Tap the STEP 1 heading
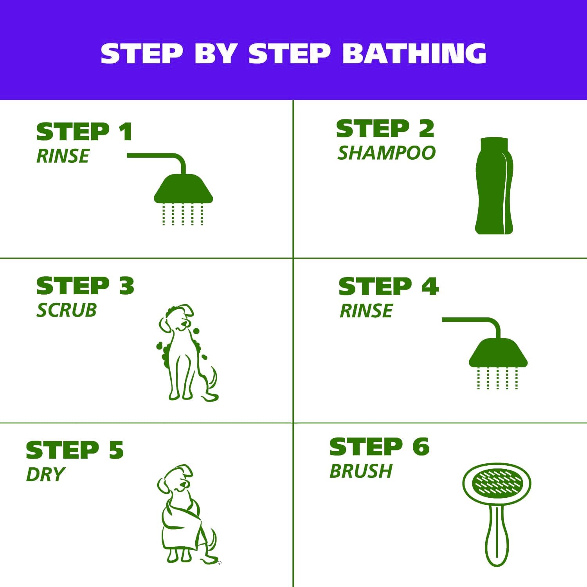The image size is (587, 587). (84, 131)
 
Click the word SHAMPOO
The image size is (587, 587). (386, 153)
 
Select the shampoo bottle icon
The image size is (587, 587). (494, 186)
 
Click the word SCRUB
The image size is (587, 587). (67, 310)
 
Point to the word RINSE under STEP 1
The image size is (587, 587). (63, 156)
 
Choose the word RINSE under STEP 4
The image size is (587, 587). (366, 311)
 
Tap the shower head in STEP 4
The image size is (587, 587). (498, 353)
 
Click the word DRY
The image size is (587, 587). (45, 475)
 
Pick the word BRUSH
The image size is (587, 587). (361, 471)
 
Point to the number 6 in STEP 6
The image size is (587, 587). (421, 447)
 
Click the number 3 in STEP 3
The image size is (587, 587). (126, 286)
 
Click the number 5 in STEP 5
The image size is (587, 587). (116, 450)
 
